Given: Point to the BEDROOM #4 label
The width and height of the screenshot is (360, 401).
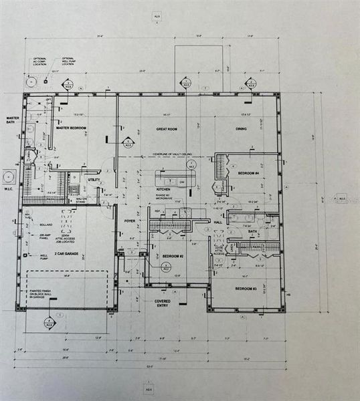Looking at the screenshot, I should pos(248,173).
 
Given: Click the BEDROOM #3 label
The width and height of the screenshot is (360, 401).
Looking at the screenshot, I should pos(246,288).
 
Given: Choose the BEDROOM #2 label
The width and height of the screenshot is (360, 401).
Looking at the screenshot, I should pos(173,256).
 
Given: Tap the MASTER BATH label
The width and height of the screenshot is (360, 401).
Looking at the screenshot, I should pos(13,120).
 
